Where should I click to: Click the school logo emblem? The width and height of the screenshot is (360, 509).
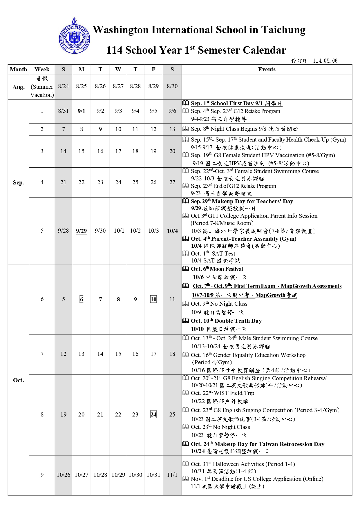74,36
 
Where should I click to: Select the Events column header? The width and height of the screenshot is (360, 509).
267,69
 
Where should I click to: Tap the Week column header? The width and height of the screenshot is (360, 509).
42,69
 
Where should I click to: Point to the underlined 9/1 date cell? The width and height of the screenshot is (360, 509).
82,111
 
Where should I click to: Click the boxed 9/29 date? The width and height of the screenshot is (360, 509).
81,231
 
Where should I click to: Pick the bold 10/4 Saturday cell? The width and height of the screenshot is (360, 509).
172,231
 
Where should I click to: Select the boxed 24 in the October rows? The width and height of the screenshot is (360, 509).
153,414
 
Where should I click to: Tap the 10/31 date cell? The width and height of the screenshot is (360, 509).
153,475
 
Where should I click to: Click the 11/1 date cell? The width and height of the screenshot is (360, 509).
172,475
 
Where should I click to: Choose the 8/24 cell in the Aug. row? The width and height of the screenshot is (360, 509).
63,86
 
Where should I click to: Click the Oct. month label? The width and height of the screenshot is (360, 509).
18,380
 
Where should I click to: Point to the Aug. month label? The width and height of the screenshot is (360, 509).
18,87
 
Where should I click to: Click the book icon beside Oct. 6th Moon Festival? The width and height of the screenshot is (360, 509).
186,269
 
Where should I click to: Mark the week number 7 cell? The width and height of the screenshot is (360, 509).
42,354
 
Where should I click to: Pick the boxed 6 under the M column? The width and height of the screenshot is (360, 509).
82,299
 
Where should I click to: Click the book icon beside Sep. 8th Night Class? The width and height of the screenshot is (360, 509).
186,128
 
